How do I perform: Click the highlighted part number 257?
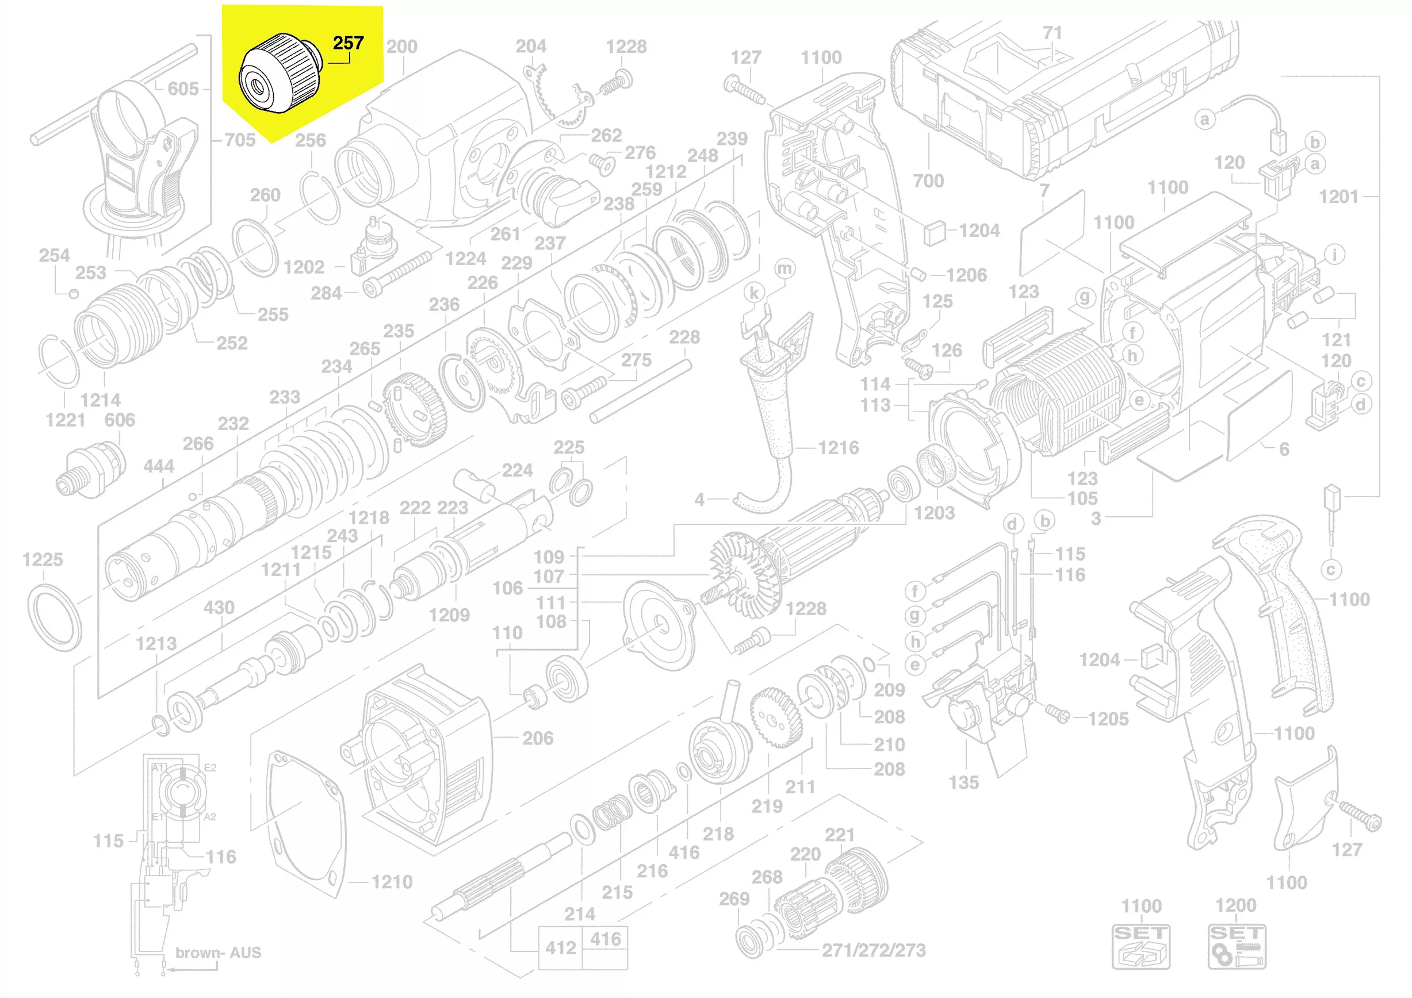click(x=348, y=43)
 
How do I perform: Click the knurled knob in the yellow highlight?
click(x=280, y=74)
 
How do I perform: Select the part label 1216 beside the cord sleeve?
click(x=838, y=447)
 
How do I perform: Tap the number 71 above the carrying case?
click(x=1052, y=33)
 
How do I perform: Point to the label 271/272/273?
click(x=873, y=950)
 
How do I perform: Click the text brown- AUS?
click(x=219, y=953)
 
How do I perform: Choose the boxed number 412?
click(x=560, y=948)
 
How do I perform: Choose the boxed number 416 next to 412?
click(x=605, y=939)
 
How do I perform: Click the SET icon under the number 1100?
click(x=1141, y=946)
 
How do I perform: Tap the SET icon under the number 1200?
click(x=1236, y=946)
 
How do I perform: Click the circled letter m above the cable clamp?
click(x=785, y=268)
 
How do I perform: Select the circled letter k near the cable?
click(x=754, y=293)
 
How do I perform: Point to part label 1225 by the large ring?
click(x=43, y=559)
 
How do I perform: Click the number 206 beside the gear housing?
click(x=538, y=738)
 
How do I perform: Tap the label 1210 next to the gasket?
click(x=392, y=882)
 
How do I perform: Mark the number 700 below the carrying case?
click(x=928, y=181)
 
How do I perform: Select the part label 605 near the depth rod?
click(x=183, y=89)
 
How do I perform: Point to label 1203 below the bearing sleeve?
click(x=934, y=513)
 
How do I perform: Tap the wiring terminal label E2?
click(x=210, y=767)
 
